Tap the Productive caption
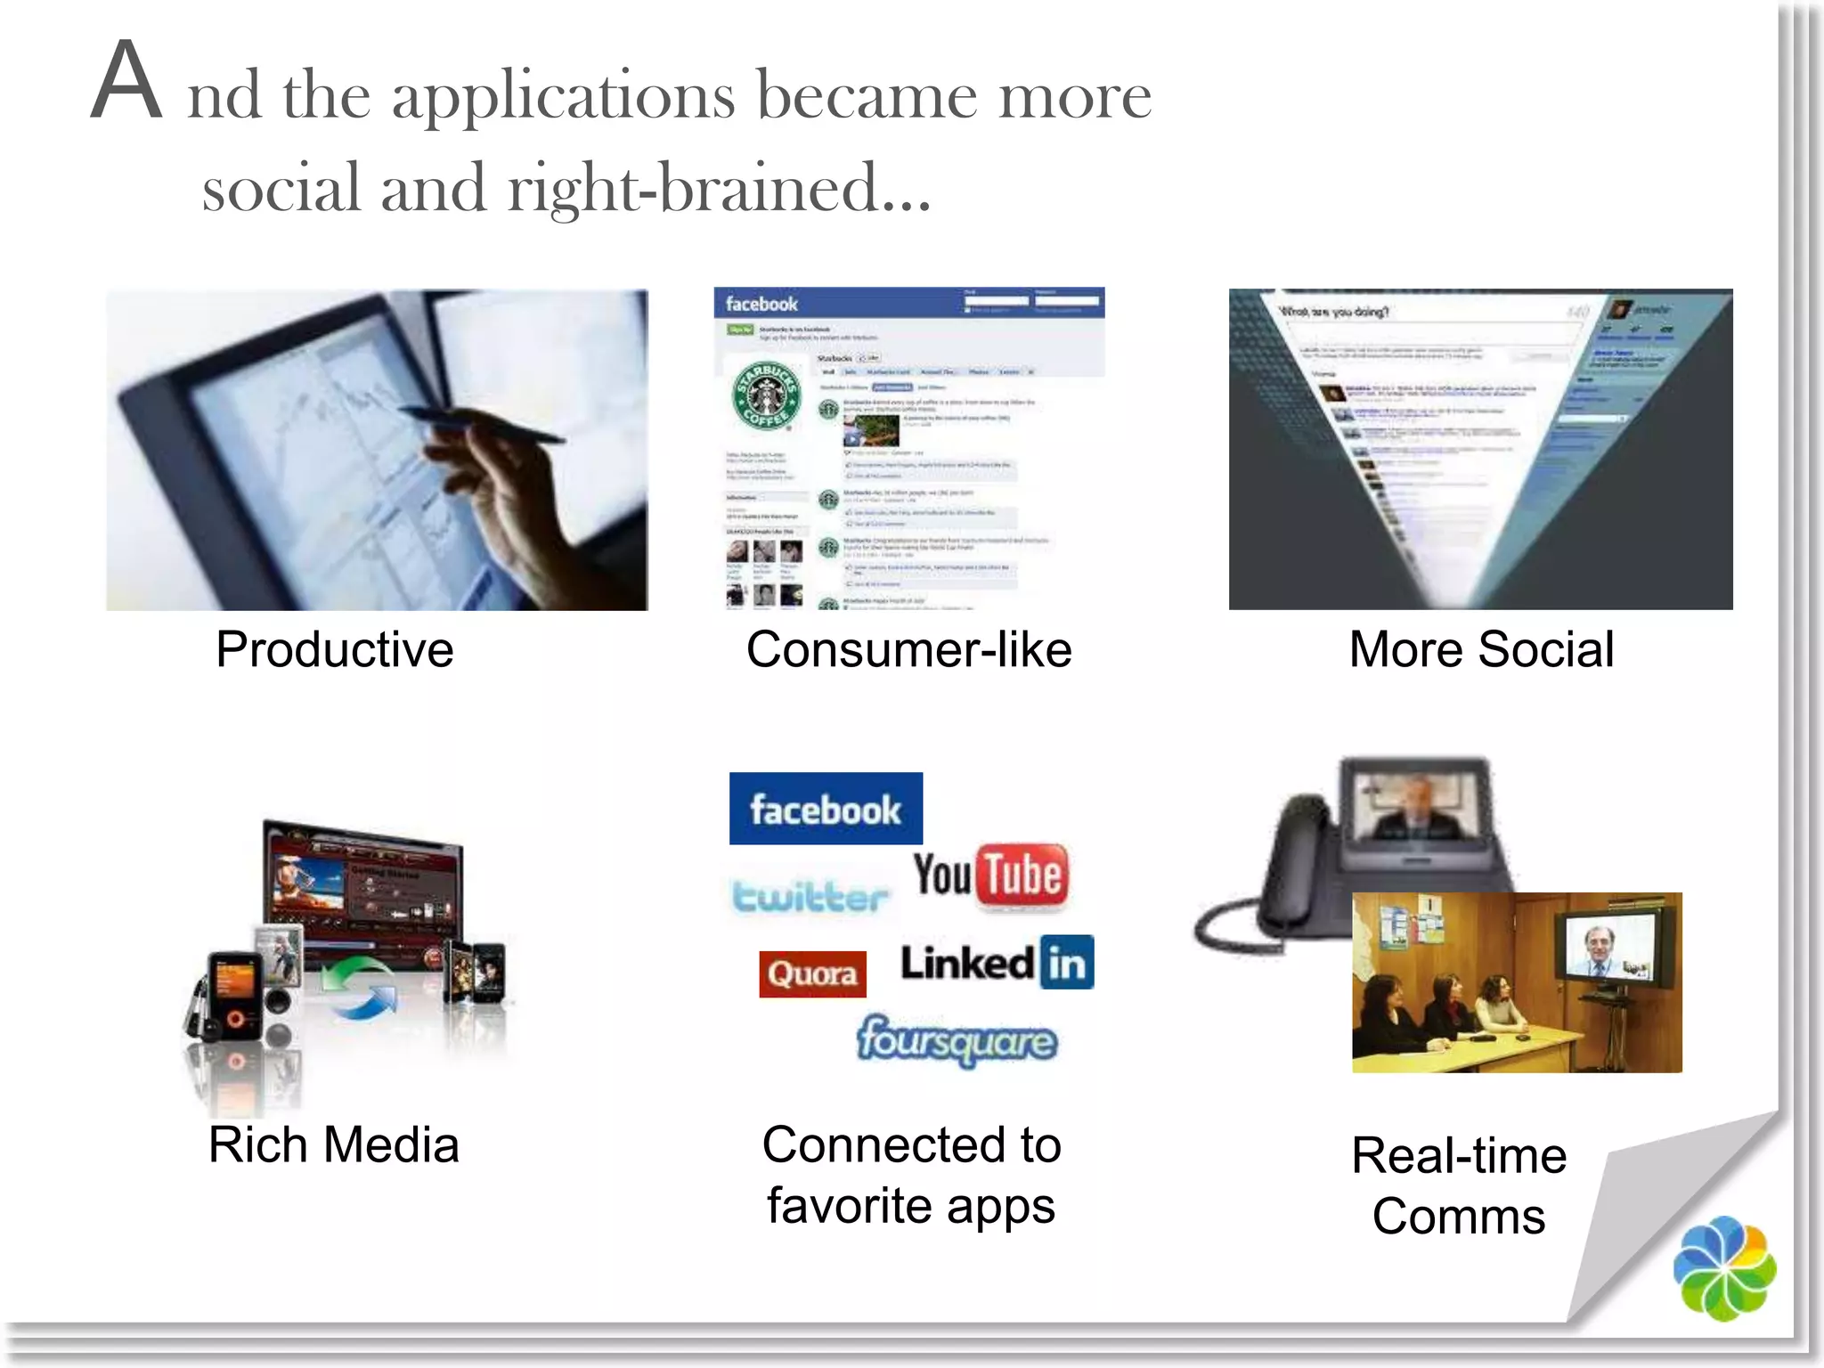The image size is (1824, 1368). pyautogui.click(x=334, y=649)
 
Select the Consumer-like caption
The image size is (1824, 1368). pyautogui.click(x=908, y=649)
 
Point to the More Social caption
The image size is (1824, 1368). pyautogui.click(x=1481, y=649)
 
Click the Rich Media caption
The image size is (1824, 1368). pyautogui.click(x=333, y=1144)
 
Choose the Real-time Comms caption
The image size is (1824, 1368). pyautogui.click(x=1459, y=1185)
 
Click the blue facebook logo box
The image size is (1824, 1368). pyautogui.click(x=826, y=809)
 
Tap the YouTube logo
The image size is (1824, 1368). pyautogui.click(x=989, y=875)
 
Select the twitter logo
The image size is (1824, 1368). pyautogui.click(x=810, y=896)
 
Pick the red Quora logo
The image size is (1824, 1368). pyautogui.click(x=812, y=973)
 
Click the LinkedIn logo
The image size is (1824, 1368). pyautogui.click(x=997, y=963)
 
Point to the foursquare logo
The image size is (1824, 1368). pyautogui.click(x=957, y=1040)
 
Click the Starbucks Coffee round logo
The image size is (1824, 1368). pyautogui.click(x=766, y=394)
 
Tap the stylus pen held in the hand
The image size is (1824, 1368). pyautogui.click(x=481, y=424)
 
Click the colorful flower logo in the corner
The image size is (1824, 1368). pyautogui.click(x=1723, y=1268)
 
